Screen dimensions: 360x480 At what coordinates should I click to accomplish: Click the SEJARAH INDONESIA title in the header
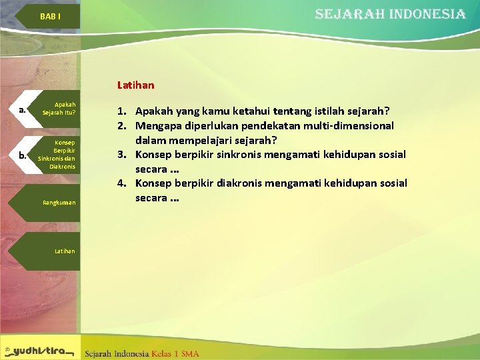[390, 14]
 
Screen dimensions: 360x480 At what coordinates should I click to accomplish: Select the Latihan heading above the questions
[135, 85]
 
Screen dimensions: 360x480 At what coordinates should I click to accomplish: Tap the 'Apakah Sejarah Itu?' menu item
[59, 109]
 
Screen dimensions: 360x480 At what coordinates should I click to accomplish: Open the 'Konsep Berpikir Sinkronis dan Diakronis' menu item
[57, 154]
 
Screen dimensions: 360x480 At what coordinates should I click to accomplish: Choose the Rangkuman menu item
[59, 202]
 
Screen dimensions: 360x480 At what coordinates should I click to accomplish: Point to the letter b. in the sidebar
[23, 156]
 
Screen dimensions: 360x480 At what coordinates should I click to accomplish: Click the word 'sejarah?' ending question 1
[369, 111]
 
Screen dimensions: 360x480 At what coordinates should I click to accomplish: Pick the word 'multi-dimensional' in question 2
[351, 125]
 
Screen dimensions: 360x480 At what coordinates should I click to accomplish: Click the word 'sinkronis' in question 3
[241, 155]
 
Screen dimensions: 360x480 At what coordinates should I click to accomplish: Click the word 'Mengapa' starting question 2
[159, 125]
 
